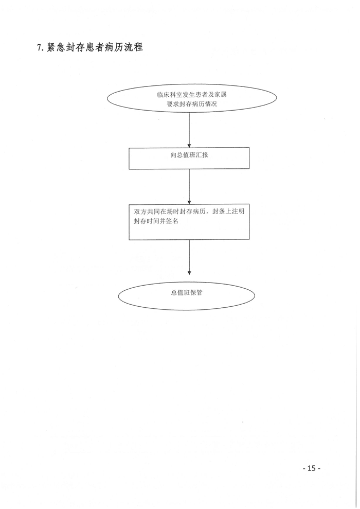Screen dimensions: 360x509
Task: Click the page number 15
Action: tap(311, 468)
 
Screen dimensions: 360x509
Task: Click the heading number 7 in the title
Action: tap(39, 48)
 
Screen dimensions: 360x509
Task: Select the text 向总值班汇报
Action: tap(189, 155)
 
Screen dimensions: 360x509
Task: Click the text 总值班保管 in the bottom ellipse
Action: tap(187, 292)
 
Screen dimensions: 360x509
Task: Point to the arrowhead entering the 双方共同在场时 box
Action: tap(189, 202)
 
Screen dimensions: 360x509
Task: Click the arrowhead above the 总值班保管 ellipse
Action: tap(189, 273)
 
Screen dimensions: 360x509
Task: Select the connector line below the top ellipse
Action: tap(189, 128)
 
